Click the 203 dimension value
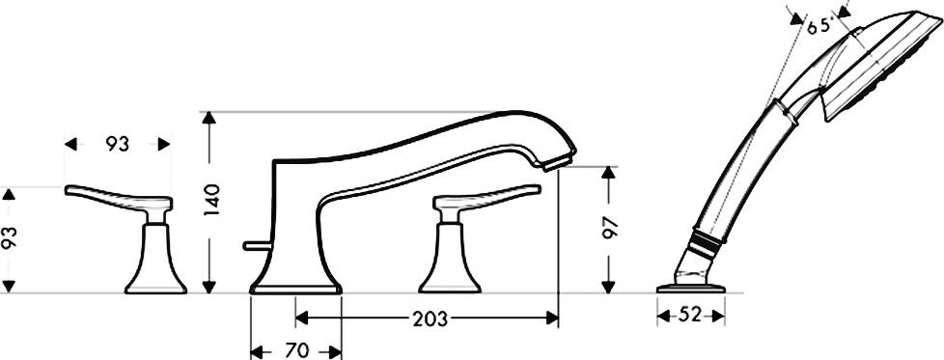coord(430,319)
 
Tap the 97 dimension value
coord(610,227)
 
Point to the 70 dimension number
coord(296,350)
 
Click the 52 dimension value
coord(690,315)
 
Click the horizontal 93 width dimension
coord(118,144)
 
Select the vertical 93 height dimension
coord(9,238)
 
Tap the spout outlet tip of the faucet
coord(558,162)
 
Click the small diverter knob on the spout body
coord(255,245)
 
